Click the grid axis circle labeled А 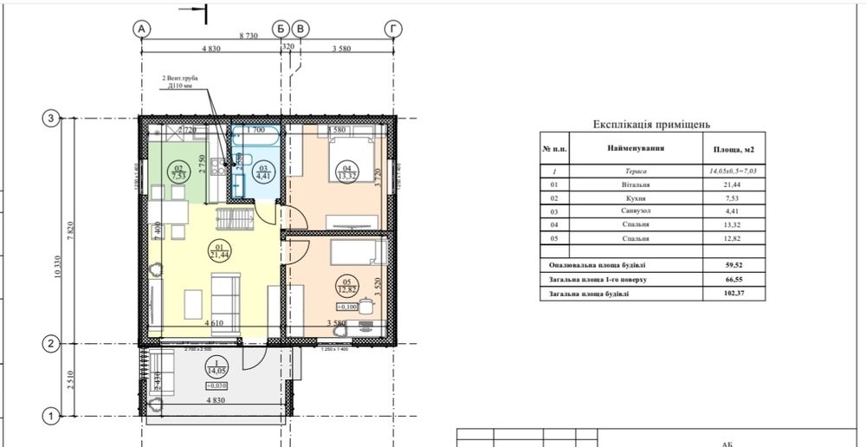coord(141,29)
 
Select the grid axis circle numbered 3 coord(51,119)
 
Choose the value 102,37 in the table coord(734,295)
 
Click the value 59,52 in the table coord(734,265)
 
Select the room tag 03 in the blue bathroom coord(261,170)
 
